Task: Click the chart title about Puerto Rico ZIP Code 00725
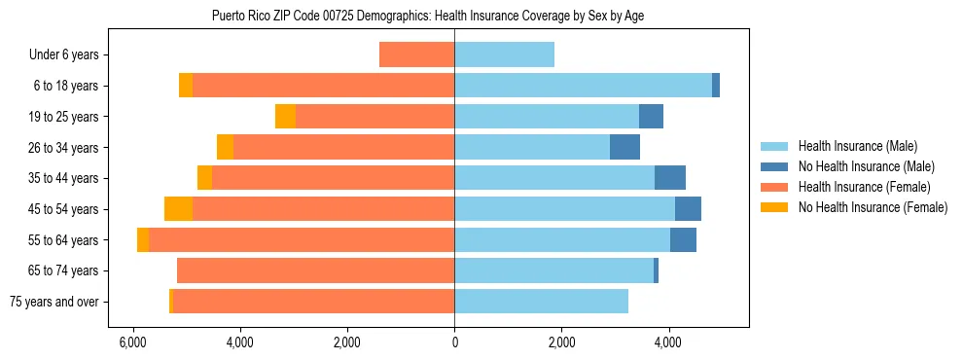[x=427, y=17]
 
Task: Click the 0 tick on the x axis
[x=454, y=342]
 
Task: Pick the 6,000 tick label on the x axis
[x=132, y=342]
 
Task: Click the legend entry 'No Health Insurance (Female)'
[x=873, y=207]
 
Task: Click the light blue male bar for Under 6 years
[x=504, y=54]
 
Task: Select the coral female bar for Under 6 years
[x=416, y=54]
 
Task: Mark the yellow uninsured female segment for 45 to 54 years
[x=178, y=209]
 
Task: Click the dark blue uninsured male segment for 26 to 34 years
[x=624, y=147]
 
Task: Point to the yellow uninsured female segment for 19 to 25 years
[x=285, y=117]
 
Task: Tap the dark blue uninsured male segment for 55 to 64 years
[x=683, y=240]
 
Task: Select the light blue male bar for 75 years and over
[x=541, y=302]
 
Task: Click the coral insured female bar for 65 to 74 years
[x=315, y=270]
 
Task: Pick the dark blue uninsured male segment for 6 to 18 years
[x=716, y=86]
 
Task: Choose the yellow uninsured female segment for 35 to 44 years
[x=204, y=178]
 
